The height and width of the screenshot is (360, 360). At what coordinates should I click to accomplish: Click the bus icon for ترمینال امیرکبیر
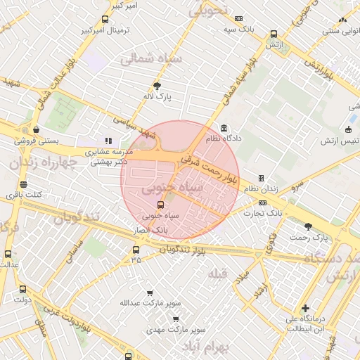tap(105, 20)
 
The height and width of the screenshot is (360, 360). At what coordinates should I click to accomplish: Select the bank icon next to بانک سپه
tap(240, 18)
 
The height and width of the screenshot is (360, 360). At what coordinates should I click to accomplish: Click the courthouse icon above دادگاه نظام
tap(224, 128)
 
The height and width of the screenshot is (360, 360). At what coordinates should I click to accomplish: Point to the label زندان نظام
tap(261, 189)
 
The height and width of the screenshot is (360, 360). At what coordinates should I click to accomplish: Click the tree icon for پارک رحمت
tap(308, 226)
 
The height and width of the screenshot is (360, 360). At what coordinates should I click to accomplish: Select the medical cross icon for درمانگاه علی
tap(305, 308)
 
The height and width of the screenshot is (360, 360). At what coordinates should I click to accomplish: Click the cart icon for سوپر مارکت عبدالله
tap(149, 292)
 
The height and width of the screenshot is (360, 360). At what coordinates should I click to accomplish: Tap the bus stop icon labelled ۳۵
tap(136, 249)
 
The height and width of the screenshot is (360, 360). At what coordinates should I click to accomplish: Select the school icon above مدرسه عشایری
tap(108, 141)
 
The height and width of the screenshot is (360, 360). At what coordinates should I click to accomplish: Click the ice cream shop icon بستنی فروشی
tap(36, 129)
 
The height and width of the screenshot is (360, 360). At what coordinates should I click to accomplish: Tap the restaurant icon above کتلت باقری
tap(24, 184)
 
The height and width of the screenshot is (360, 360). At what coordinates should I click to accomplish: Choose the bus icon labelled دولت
tap(23, 289)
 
